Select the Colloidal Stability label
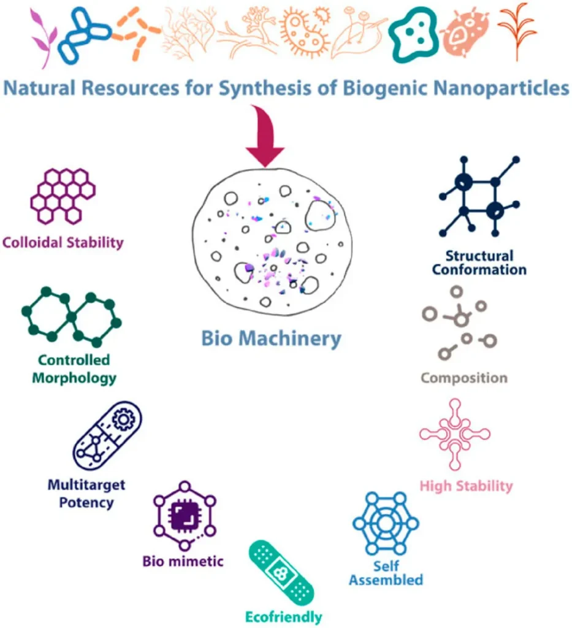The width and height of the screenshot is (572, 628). [x=63, y=242]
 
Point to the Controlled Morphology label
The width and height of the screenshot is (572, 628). [x=74, y=369]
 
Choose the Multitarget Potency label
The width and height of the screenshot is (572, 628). [x=86, y=494]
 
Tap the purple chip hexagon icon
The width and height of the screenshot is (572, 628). [x=183, y=516]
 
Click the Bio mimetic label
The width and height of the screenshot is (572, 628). [x=183, y=561]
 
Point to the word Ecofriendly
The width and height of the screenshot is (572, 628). [x=283, y=616]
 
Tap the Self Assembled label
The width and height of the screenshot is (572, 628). [x=386, y=572]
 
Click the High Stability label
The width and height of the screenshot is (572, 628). [x=466, y=486]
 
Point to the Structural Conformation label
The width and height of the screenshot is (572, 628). [x=479, y=262]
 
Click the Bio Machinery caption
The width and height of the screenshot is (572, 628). [x=272, y=339]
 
